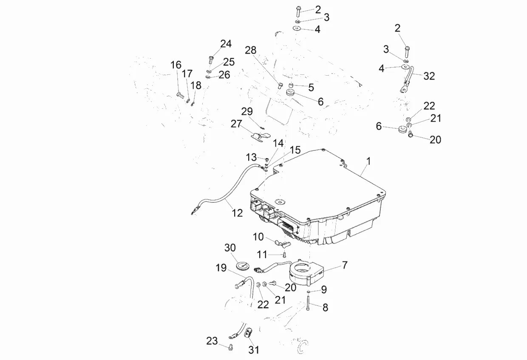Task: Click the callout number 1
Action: (x=368, y=162)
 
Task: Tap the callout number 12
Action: (x=237, y=213)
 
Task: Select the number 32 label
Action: (x=429, y=76)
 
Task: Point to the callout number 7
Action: (x=345, y=265)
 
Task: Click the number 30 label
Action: (x=230, y=248)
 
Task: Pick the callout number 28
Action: (x=251, y=50)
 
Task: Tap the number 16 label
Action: (x=176, y=65)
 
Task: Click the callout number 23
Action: (x=212, y=341)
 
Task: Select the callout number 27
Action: (x=236, y=124)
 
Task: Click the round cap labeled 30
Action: (x=243, y=266)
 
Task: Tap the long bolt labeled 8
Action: (x=308, y=303)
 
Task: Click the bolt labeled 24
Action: (x=211, y=60)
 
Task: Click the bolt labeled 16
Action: (x=180, y=95)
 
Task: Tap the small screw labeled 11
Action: (x=285, y=255)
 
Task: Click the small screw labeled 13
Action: (x=267, y=160)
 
